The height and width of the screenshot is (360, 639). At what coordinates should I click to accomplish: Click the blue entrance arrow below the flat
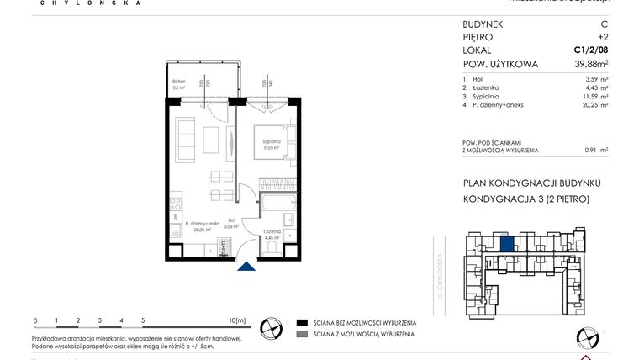pos(246,267)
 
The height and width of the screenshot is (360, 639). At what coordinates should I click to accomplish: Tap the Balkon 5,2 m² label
pos(177,83)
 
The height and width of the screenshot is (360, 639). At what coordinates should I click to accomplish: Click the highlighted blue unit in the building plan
pos(507,245)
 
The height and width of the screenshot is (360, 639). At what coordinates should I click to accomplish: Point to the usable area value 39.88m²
pos(585,65)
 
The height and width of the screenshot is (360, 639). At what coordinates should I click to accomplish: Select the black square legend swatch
pos(300,322)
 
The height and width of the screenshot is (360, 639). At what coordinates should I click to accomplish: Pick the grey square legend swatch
pos(300,334)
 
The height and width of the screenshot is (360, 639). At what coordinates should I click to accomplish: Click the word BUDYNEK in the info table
pos(483,24)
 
